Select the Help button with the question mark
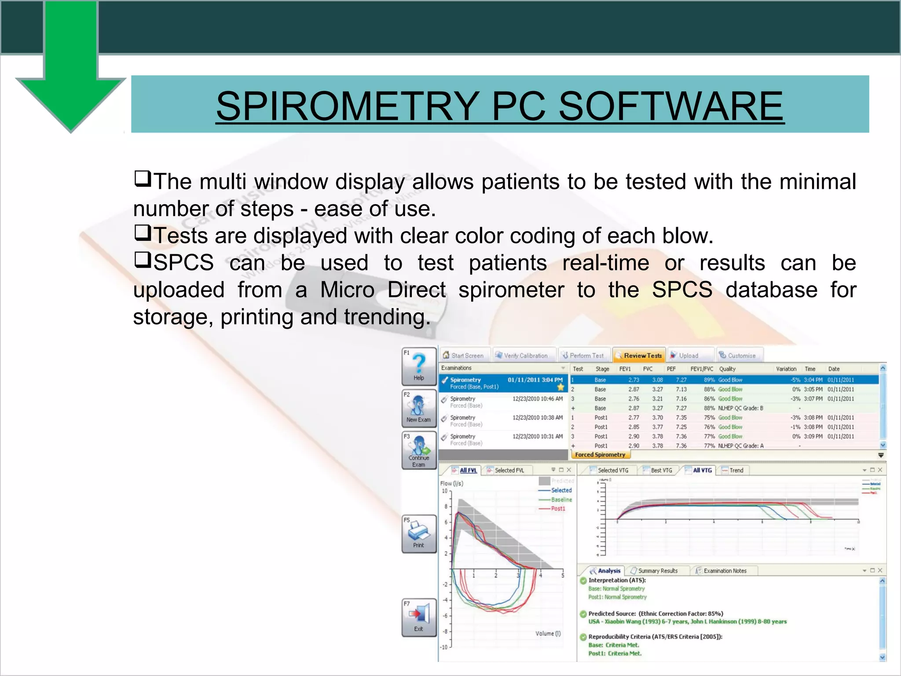coord(419,367)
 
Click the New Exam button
coord(419,408)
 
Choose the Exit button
coord(419,617)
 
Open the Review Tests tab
coord(639,356)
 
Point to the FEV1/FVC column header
coord(701,369)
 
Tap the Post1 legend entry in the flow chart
coord(557,508)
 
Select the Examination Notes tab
coord(725,571)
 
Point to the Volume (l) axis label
coord(548,633)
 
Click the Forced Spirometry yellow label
coord(600,455)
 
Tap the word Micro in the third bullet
coord(348,290)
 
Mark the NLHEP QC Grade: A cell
coord(741,446)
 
